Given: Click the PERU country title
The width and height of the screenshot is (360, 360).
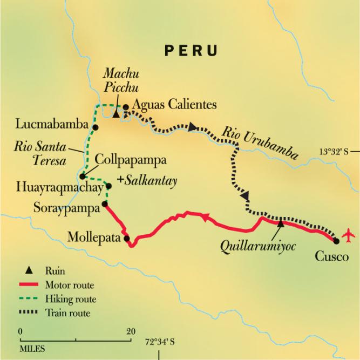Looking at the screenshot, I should tap(191, 51).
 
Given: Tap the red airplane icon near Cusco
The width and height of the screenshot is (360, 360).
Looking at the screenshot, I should tap(350, 236).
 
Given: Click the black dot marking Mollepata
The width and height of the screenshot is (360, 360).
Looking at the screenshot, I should tap(127, 237).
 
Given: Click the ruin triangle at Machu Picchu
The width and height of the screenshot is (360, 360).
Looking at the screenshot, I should tap(116, 114).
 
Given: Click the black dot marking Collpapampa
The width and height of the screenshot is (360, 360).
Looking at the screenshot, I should tap(82, 176).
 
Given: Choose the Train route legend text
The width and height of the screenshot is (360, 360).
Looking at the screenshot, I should tap(74, 313).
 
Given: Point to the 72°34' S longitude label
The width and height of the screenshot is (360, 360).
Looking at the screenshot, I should tap(159, 342).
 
